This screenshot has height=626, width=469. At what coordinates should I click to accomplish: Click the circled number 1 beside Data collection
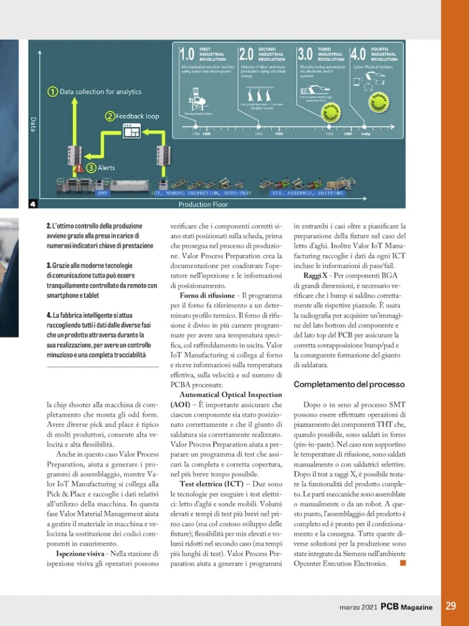(x=53, y=92)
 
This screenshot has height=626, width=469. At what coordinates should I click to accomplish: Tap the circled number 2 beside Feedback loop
(x=109, y=115)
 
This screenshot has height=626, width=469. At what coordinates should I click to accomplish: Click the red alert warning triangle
(x=78, y=168)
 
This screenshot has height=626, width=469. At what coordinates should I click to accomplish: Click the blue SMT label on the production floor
(x=103, y=193)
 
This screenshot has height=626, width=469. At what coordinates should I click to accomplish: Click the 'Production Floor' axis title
(x=203, y=204)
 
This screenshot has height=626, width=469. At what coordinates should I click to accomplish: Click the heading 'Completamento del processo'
(x=349, y=385)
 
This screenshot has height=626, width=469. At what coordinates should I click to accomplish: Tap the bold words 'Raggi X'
(x=316, y=276)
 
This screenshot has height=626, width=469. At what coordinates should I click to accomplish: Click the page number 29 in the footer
(x=451, y=606)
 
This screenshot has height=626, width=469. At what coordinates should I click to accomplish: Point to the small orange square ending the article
(x=402, y=563)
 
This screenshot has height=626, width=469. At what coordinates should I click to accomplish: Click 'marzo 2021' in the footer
(x=358, y=607)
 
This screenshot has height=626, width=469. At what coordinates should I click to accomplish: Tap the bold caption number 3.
(x=48, y=265)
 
